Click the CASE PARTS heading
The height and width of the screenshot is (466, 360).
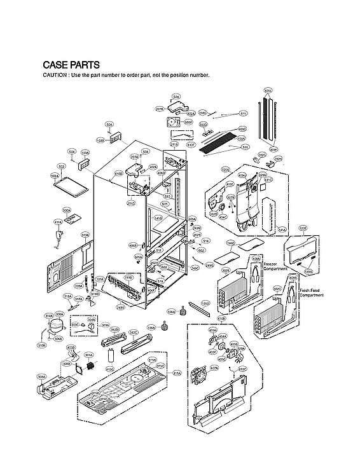pos(71,65)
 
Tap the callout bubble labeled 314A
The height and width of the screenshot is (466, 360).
pos(48,316)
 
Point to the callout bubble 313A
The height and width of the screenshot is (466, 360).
pos(85,235)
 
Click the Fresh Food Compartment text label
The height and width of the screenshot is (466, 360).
pos(312,292)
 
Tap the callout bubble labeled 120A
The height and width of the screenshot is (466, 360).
pos(225,170)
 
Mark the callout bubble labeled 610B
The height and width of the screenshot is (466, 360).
pos(222,318)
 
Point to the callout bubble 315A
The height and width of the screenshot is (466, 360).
pos(177,373)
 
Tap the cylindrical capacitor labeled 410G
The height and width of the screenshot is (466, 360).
pos(111,355)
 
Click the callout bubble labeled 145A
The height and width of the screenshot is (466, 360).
pos(282,230)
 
